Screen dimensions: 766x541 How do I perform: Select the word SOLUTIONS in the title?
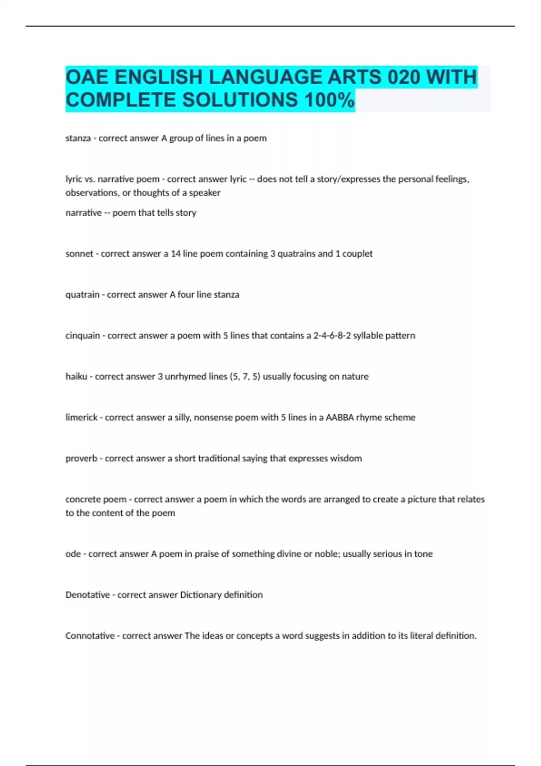coord(240,100)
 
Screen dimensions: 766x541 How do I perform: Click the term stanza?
coord(78,138)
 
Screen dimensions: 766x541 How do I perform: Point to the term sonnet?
coord(79,254)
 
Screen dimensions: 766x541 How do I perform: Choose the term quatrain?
coord(82,295)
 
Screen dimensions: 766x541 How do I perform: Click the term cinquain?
coord(83,336)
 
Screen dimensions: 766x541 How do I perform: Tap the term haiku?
coord(76,377)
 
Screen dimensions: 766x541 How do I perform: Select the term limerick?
coord(81,418)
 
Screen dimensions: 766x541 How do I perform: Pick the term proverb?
coord(81,459)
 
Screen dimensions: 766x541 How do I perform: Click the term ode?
coord(73,554)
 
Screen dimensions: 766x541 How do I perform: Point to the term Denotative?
coord(87,595)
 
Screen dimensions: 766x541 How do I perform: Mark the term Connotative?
coord(90,636)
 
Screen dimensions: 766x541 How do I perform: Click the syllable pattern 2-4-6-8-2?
coord(332,336)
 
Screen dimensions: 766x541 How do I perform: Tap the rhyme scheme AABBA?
coord(339,418)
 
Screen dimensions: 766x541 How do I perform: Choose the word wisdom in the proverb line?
coord(346,459)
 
